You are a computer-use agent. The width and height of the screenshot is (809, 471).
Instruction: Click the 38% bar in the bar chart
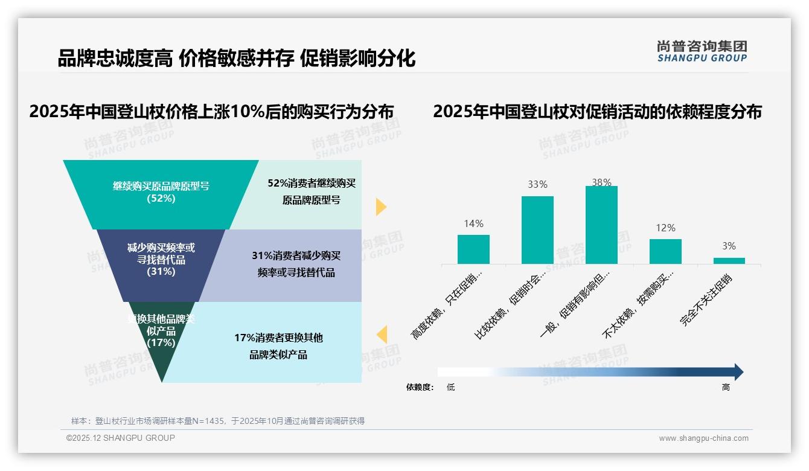[x=601, y=225]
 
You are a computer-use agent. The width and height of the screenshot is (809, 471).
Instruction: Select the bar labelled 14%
[x=473, y=249]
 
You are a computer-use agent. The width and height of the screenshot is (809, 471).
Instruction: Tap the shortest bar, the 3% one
[x=729, y=260]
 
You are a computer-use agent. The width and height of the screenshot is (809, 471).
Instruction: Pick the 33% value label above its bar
[x=537, y=185]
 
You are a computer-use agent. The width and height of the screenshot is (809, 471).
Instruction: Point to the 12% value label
[x=665, y=228]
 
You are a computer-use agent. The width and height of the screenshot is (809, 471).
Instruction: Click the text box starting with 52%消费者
[x=311, y=192]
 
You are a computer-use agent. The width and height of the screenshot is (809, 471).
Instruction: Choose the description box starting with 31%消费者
[x=296, y=264]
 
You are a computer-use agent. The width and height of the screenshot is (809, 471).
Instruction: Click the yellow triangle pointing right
[x=380, y=207]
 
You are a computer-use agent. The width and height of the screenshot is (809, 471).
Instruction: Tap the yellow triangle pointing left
[x=382, y=335]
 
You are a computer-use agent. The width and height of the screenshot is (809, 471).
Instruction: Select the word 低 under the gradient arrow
[x=450, y=387]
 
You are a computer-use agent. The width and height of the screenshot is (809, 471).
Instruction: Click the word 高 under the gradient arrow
[x=726, y=387]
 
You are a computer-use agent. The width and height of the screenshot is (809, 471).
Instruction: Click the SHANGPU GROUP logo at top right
[x=702, y=51]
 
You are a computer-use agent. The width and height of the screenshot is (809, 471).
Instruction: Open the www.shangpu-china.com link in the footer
[x=703, y=438]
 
